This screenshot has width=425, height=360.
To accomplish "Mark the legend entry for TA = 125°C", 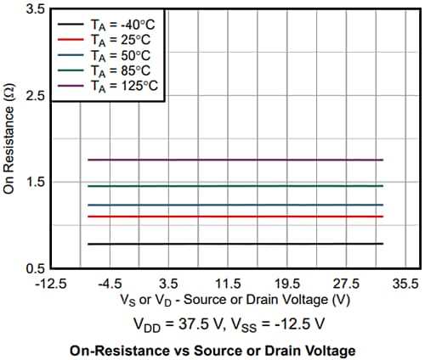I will click(x=123, y=87).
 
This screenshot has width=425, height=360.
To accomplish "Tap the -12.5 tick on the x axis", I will click(x=53, y=283).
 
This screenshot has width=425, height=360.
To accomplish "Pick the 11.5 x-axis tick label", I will click(x=229, y=283).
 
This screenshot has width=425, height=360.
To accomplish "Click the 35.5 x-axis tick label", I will click(x=405, y=283).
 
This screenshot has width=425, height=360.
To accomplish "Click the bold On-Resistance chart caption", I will click(x=212, y=350).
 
